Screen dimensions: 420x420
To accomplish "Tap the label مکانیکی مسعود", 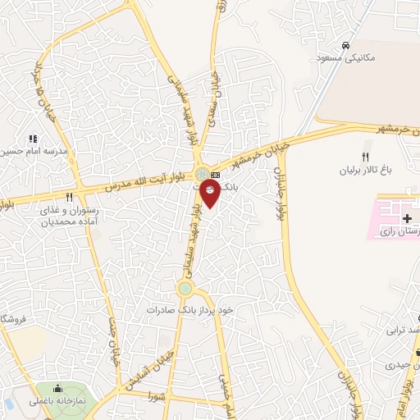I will [x=346, y=57].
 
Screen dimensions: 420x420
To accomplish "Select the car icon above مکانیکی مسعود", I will [x=347, y=43].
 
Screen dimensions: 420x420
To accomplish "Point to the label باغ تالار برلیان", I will [x=366, y=171].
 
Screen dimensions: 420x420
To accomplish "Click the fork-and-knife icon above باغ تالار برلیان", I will [x=366, y=157].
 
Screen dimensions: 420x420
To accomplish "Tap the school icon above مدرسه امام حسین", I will [x=33, y=139].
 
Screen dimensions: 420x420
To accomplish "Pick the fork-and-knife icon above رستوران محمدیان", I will [x=69, y=198].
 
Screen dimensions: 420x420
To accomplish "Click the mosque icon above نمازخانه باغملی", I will [x=58, y=388].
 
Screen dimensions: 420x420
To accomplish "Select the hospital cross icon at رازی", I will [x=406, y=219].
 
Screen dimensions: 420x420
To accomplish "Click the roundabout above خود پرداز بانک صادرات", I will [x=185, y=288].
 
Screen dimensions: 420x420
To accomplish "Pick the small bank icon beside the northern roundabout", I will [x=216, y=175].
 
